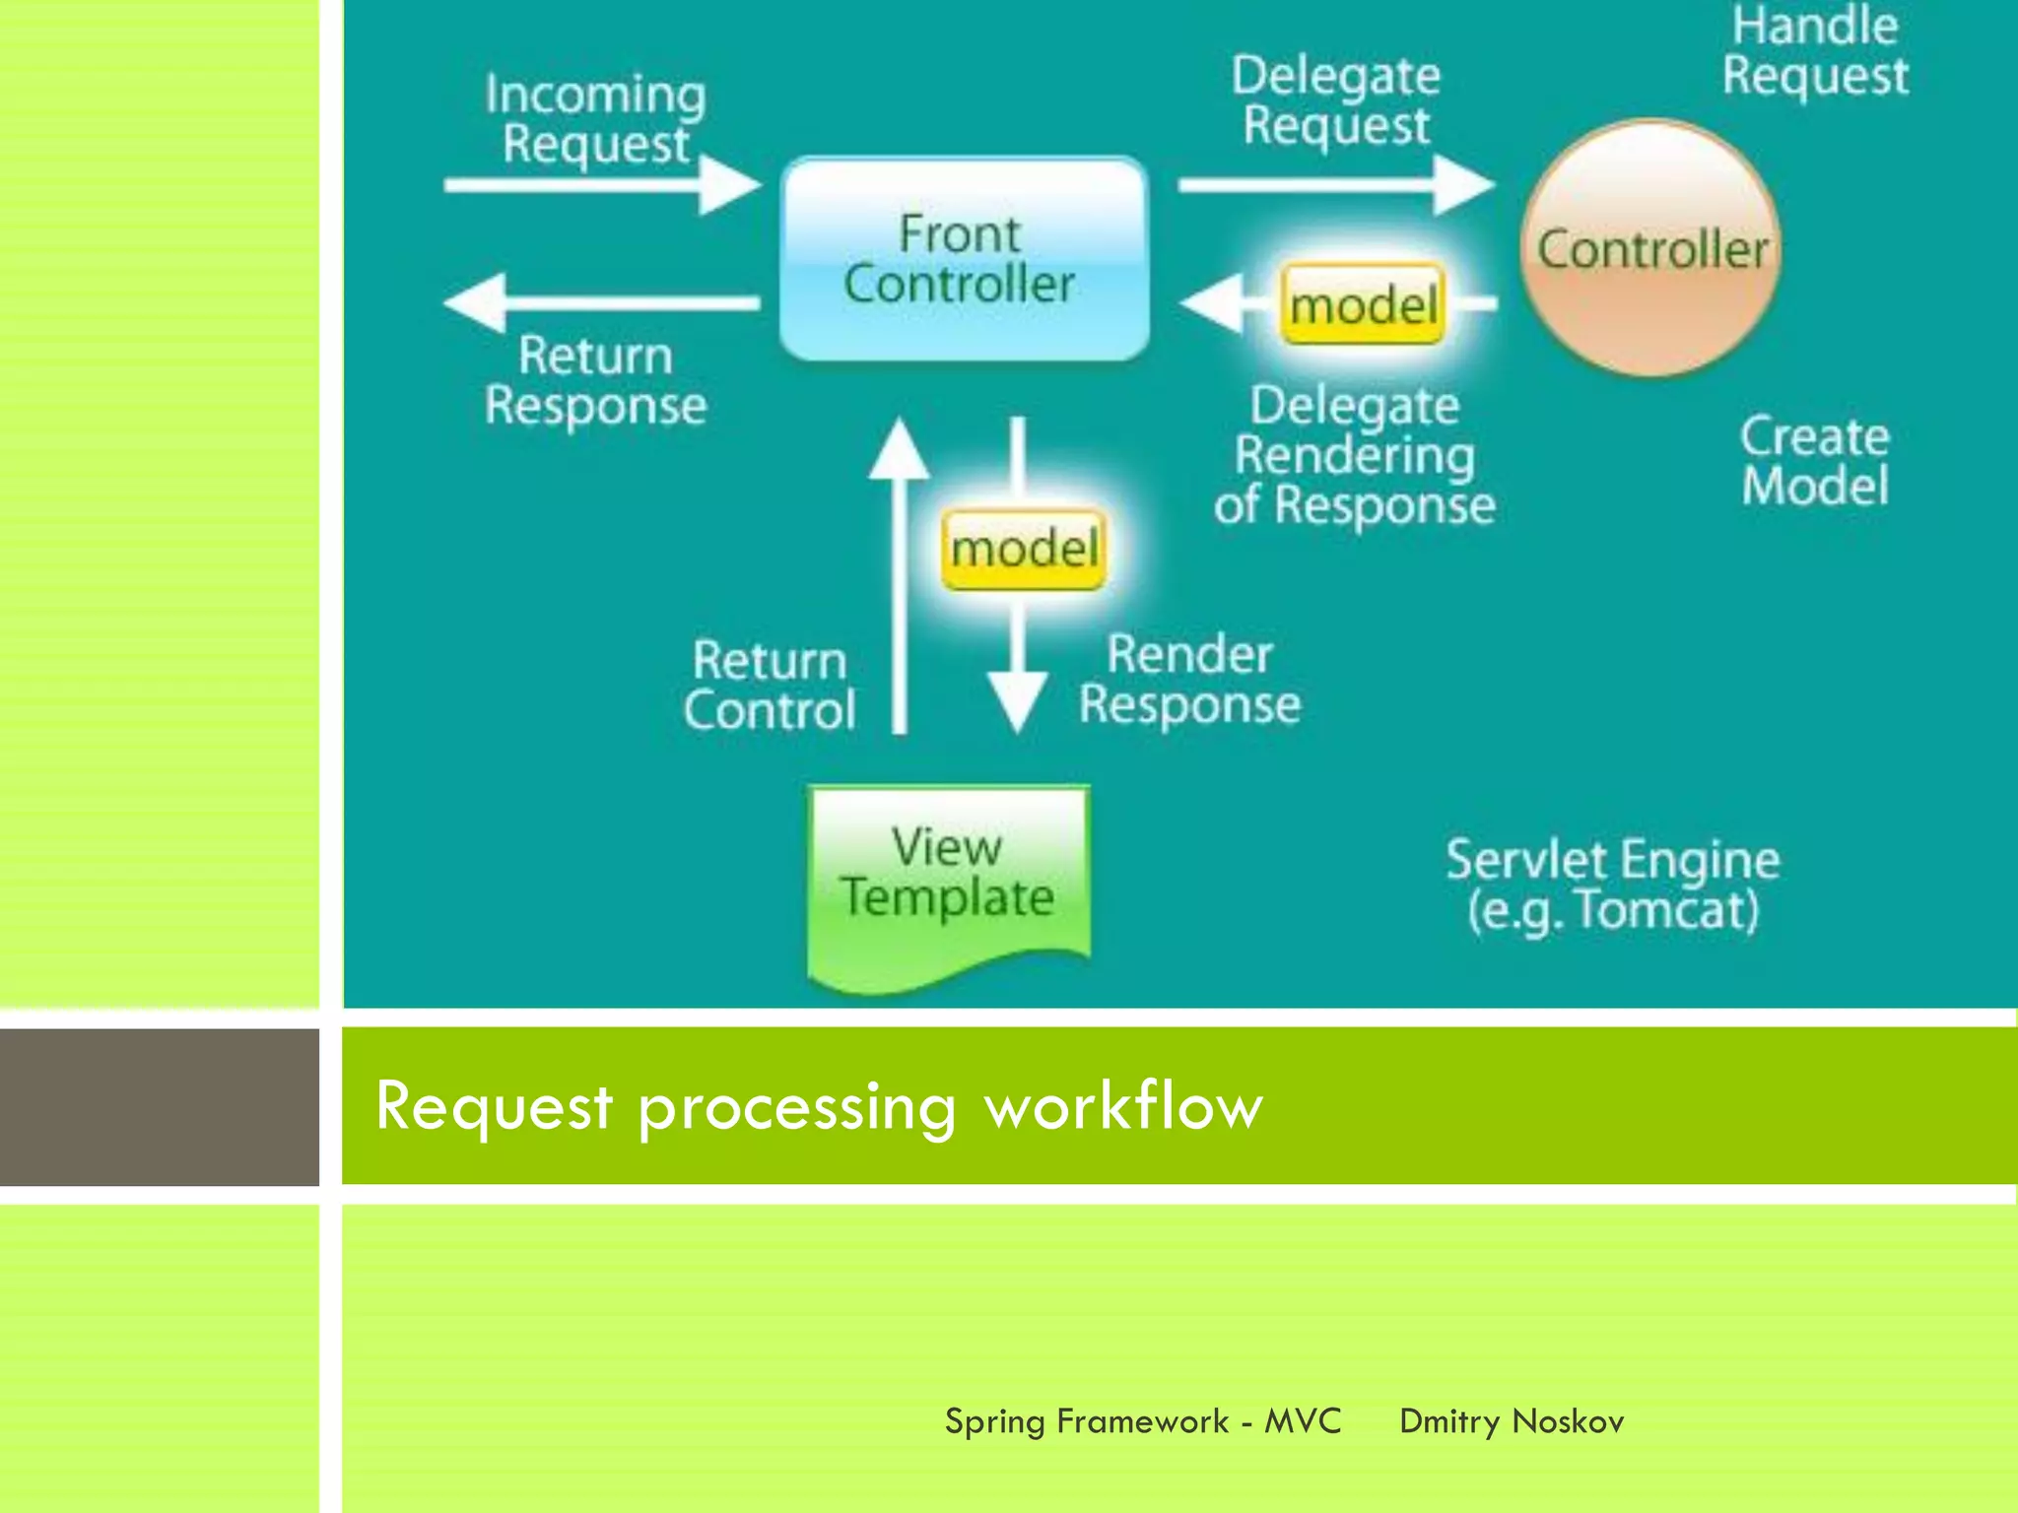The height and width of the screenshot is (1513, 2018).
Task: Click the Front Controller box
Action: (964, 258)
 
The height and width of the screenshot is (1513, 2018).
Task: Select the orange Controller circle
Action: (1651, 248)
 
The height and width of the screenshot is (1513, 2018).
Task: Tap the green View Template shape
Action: (948, 883)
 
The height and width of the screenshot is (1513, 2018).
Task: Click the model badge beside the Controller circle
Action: (1364, 304)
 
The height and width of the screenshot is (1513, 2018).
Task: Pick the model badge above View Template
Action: (1024, 549)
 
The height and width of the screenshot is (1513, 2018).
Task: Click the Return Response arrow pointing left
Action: (601, 302)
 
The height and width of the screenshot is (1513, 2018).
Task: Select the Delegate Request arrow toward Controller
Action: (1335, 184)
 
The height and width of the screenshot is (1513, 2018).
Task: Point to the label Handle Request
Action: (1815, 51)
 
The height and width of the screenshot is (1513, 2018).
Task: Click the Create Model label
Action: (1815, 461)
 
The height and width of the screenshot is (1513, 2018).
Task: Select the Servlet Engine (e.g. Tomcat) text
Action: (1613, 885)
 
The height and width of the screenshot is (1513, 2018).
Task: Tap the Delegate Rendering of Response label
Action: (1355, 455)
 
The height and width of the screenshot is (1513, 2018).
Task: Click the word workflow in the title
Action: (1123, 1105)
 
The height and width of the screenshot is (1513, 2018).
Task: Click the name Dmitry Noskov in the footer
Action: (1512, 1421)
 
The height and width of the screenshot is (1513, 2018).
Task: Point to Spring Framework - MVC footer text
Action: (1143, 1421)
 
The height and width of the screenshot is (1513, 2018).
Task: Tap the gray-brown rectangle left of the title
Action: (159, 1107)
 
